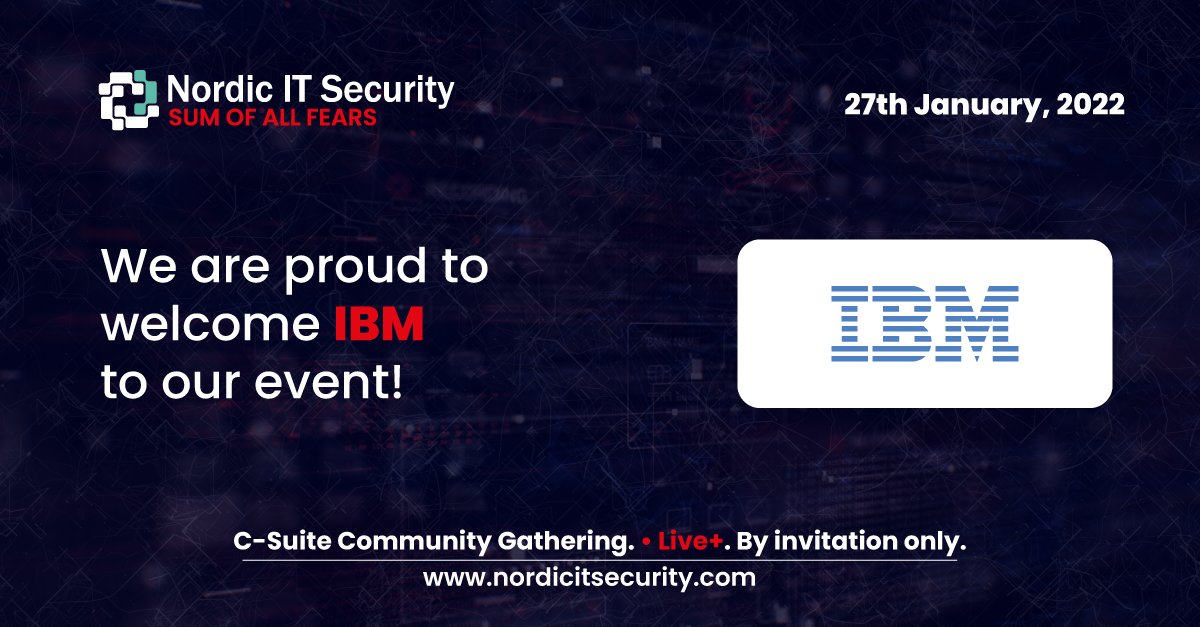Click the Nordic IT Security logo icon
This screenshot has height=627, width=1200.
(128, 100)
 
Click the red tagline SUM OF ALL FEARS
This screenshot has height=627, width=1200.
(272, 118)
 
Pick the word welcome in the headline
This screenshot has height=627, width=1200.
(209, 325)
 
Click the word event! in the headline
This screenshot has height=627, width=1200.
(335, 381)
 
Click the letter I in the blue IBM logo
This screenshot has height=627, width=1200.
(850, 323)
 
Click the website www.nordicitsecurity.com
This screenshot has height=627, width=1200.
(589, 577)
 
